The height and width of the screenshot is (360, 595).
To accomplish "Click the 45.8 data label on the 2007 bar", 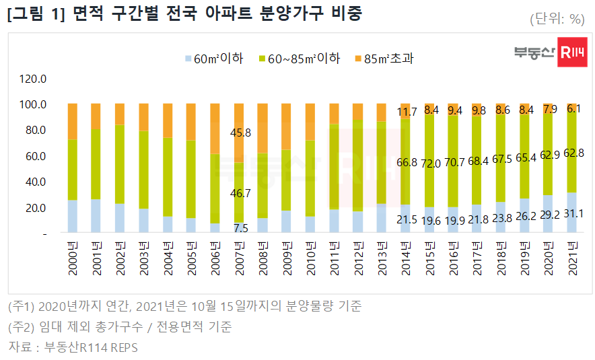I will click(240, 133).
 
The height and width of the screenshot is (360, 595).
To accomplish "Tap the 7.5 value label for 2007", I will click(240, 228).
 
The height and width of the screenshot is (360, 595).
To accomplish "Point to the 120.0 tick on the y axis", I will click(33, 79).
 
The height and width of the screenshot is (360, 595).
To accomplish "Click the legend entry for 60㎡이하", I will click(213, 59).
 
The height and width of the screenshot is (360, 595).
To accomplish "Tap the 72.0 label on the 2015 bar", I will click(431, 164).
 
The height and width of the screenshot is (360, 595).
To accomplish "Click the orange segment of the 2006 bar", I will click(215, 129).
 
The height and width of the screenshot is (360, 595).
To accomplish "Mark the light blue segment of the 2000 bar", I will click(73, 216).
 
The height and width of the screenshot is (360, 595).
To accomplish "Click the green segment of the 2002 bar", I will click(120, 164).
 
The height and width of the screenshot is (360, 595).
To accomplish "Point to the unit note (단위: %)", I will click(556, 18).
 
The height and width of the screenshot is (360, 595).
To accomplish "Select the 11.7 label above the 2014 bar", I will click(407, 112).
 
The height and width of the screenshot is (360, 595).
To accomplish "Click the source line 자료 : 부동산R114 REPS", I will click(73, 347).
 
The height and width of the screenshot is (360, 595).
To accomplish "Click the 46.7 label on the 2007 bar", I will click(240, 193).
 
